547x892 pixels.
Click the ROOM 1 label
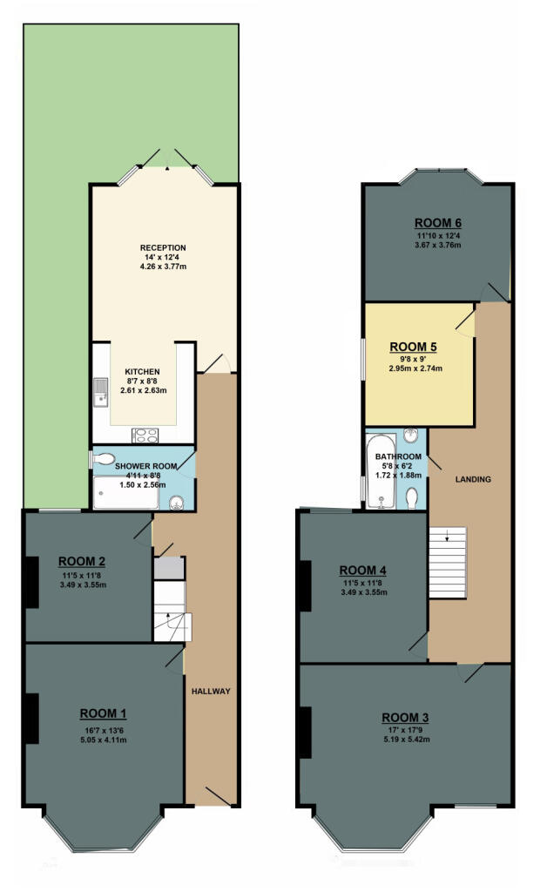[104, 710]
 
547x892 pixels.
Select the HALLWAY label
[210, 692]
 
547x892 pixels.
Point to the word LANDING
[473, 479]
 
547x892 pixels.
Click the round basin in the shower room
[177, 502]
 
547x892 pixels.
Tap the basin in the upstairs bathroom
[413, 437]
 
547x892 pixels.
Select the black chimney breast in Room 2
[30, 581]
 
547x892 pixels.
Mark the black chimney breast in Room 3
[305, 732]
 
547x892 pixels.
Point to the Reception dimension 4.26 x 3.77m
[163, 267]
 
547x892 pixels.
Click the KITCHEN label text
[141, 370]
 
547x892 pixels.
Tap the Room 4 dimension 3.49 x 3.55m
[362, 592]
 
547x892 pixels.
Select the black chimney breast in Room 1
[30, 719]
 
